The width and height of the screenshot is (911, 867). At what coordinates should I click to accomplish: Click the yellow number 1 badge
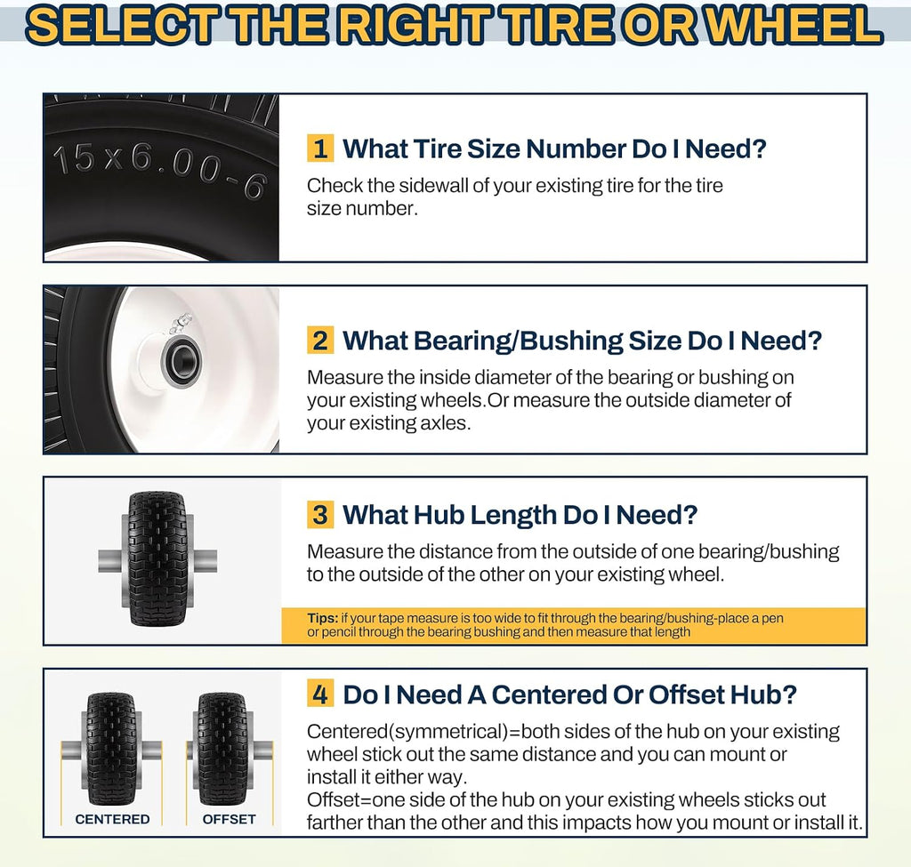coord(320,149)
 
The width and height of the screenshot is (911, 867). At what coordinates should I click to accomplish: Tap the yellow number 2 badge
coord(320,341)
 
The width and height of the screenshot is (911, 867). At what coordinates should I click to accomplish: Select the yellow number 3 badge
coord(320,515)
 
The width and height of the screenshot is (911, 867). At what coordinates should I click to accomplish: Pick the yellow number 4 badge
coord(320,694)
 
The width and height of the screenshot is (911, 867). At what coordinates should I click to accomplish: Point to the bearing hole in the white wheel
coord(182,363)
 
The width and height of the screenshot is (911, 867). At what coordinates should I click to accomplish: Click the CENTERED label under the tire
coord(112,819)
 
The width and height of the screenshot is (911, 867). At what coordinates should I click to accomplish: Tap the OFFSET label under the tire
coord(229,819)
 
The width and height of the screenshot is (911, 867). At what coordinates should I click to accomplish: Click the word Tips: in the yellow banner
coord(322,618)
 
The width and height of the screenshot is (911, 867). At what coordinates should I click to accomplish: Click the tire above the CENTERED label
coord(111,749)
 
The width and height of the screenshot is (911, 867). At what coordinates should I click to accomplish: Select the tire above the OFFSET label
coord(222,749)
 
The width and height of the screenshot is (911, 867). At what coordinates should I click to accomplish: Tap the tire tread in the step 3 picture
coord(157,558)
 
